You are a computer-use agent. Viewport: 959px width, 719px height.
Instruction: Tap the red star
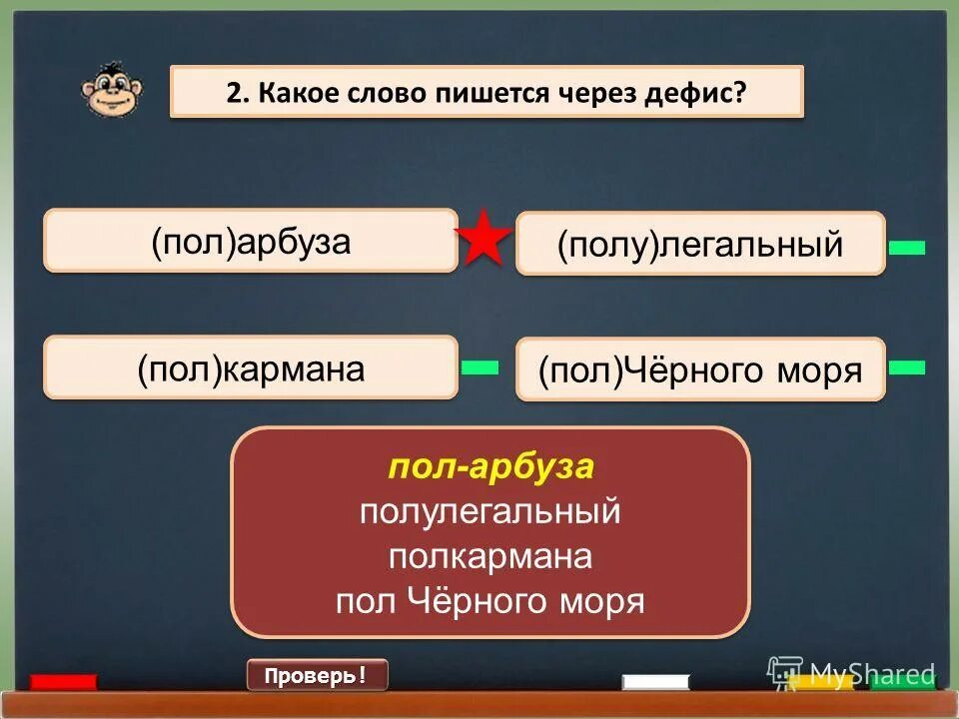click(x=484, y=239)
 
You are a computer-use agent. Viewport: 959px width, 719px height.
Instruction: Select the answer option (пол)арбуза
click(x=251, y=241)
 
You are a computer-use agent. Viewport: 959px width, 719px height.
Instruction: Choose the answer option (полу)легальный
click(x=699, y=244)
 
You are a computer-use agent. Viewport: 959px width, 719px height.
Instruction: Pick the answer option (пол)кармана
click(x=251, y=368)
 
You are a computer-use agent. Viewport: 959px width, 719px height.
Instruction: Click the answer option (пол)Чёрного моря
click(x=699, y=370)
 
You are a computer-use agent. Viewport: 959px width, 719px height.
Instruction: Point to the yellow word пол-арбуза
click(x=490, y=466)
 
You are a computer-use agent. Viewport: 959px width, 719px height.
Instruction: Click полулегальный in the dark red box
click(x=490, y=512)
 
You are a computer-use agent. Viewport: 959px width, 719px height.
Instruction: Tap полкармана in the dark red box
click(x=490, y=557)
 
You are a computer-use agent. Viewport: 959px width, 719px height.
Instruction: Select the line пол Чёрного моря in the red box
click(x=490, y=601)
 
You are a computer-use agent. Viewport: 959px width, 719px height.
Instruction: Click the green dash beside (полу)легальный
click(x=906, y=247)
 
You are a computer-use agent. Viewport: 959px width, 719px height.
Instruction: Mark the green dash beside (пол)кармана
click(x=479, y=367)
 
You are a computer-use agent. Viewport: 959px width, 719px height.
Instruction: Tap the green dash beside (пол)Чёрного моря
click(x=906, y=367)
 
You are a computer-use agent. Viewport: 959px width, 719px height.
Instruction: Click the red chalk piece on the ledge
click(x=63, y=683)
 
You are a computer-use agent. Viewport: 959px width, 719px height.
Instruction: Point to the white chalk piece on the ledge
click(x=655, y=683)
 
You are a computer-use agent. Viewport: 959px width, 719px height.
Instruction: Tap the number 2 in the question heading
click(x=234, y=92)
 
